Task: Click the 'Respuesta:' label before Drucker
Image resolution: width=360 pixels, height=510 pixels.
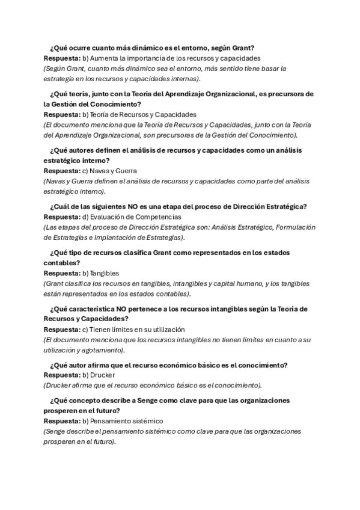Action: tap(62, 375)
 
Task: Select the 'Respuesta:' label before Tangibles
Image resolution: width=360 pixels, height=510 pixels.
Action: tap(62, 273)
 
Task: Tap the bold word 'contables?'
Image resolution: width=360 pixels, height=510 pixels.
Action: tap(62, 263)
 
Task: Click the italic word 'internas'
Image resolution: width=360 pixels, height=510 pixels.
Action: tap(183, 79)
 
